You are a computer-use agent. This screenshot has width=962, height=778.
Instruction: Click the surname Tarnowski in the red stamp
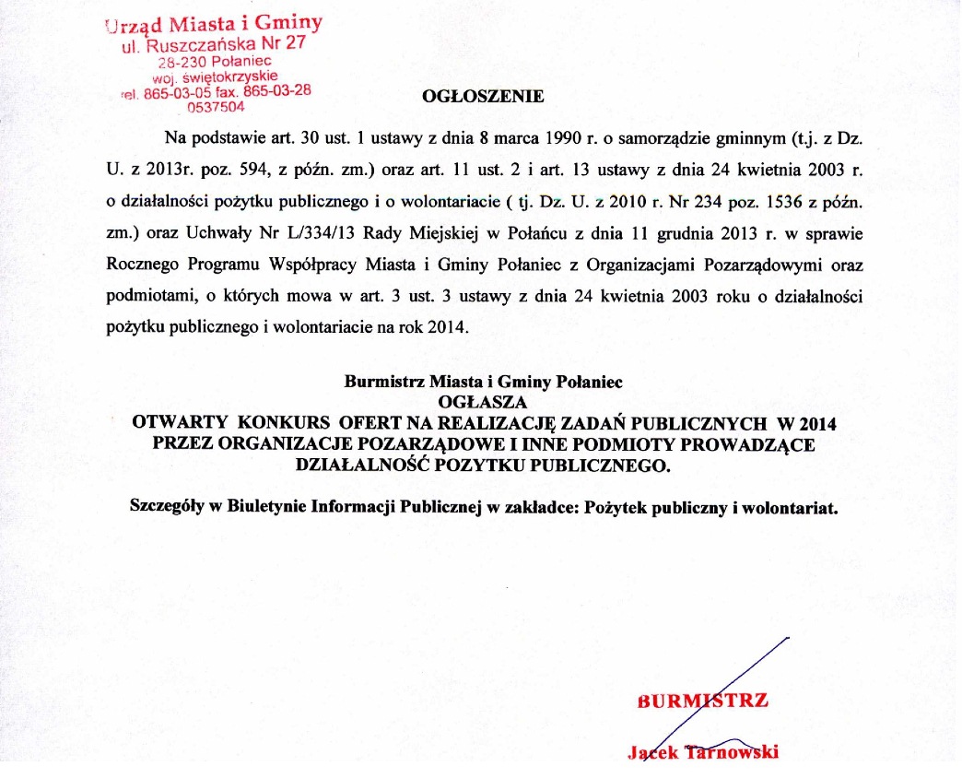[733, 751]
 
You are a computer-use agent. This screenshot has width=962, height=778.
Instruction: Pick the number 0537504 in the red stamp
[215, 106]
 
